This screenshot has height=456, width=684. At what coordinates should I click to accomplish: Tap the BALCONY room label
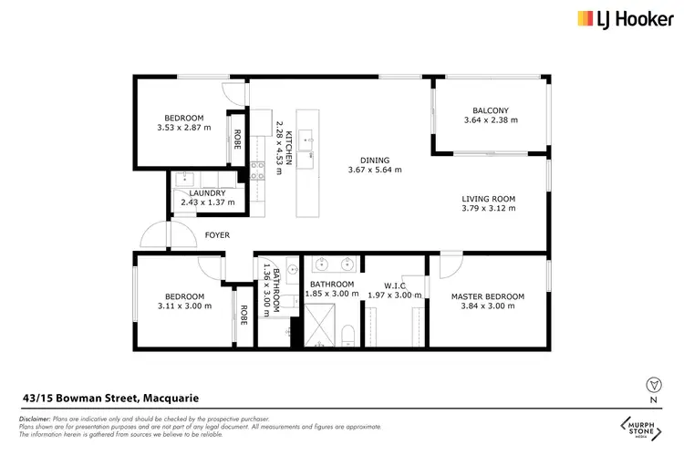pyautogui.click(x=490, y=110)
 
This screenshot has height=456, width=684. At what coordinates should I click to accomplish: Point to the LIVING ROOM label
pyautogui.click(x=488, y=198)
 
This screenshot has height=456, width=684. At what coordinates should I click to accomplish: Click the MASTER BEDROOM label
pyautogui.click(x=488, y=296)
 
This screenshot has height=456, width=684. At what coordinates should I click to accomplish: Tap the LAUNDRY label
pyautogui.click(x=207, y=193)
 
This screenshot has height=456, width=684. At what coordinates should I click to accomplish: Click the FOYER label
pyautogui.click(x=217, y=235)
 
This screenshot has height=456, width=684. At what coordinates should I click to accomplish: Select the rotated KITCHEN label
pyautogui.click(x=290, y=147)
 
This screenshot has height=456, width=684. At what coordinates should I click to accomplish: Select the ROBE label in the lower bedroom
pyautogui.click(x=243, y=315)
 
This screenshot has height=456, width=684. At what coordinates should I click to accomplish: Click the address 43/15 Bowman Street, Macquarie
pyautogui.click(x=110, y=398)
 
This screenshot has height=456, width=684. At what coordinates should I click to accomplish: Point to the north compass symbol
pyautogui.click(x=651, y=384)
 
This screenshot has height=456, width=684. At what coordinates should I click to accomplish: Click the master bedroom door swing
pyautogui.click(x=451, y=264)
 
